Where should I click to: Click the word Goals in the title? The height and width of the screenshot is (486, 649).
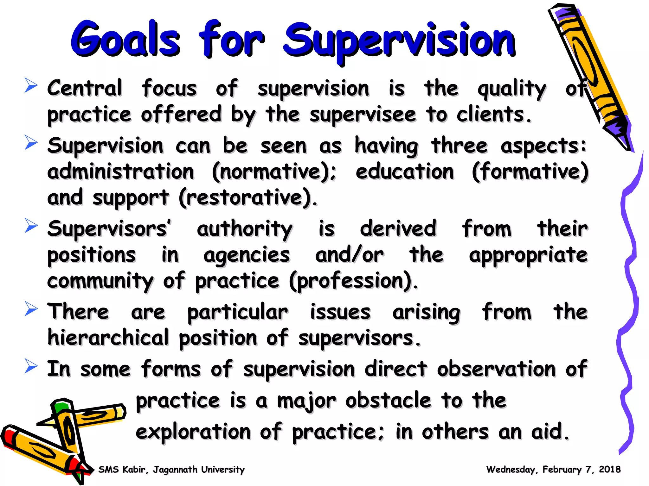click(x=125, y=40)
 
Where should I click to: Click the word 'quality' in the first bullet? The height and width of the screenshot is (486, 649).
click(x=511, y=89)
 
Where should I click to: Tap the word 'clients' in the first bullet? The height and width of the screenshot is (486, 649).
click(x=493, y=115)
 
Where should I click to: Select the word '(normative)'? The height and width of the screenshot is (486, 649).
click(x=274, y=172)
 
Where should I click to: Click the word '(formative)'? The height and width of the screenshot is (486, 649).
click(x=530, y=172)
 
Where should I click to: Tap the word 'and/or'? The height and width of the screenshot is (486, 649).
click(x=349, y=255)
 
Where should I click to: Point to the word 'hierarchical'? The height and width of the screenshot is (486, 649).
click(x=108, y=338)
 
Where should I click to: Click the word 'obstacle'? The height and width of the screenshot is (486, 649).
click(x=389, y=401)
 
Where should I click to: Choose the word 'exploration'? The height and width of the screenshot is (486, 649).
click(x=193, y=432)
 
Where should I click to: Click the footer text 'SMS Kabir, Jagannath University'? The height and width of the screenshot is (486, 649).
click(x=171, y=470)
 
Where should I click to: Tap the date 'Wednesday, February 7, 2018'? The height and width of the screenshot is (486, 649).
click(x=553, y=470)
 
